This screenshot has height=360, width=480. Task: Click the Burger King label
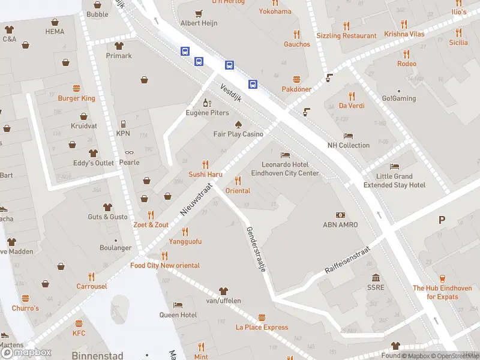click(x=76, y=98)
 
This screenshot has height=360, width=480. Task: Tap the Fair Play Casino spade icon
click(x=238, y=124)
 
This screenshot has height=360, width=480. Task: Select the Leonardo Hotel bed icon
click(x=284, y=155)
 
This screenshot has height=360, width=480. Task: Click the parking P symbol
click(x=442, y=220)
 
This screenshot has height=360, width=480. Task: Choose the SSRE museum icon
click(x=376, y=278)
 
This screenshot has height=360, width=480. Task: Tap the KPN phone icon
click(x=123, y=124)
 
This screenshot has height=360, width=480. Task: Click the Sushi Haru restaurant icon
click(x=206, y=164)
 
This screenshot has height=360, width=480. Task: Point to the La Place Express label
click(x=262, y=328)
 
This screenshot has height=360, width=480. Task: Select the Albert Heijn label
click(x=199, y=23)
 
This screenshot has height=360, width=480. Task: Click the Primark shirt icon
click(x=119, y=46)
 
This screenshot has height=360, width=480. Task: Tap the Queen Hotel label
click(x=178, y=315)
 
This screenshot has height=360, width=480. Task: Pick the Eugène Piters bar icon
click(x=207, y=103)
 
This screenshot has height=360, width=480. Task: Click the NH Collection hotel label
click(x=348, y=145)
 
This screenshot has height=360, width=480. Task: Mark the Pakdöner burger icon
click(x=296, y=79)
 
